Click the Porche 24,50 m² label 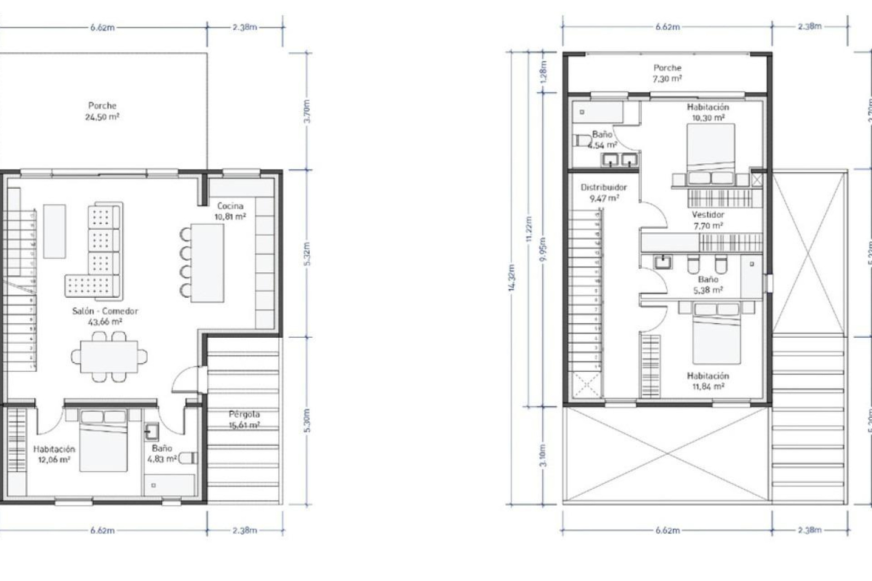(102, 111)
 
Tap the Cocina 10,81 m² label (230, 211)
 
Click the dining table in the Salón (109, 356)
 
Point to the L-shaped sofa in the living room (98, 254)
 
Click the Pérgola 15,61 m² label (244, 419)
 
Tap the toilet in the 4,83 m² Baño (188, 458)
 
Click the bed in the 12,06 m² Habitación (103, 440)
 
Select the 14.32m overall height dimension (512, 277)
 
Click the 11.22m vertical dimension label (528, 229)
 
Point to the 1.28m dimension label (545, 72)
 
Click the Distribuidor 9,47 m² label (604, 192)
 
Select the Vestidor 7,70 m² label (708, 220)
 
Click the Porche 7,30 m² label (667, 73)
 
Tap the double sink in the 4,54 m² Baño (619, 160)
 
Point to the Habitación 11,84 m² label (708, 381)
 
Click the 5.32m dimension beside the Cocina (307, 254)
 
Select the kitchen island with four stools (207, 262)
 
